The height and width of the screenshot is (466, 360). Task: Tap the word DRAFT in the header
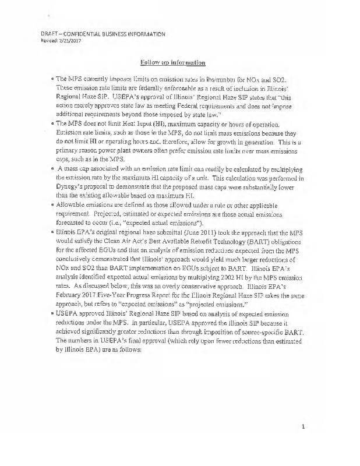(45, 34)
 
